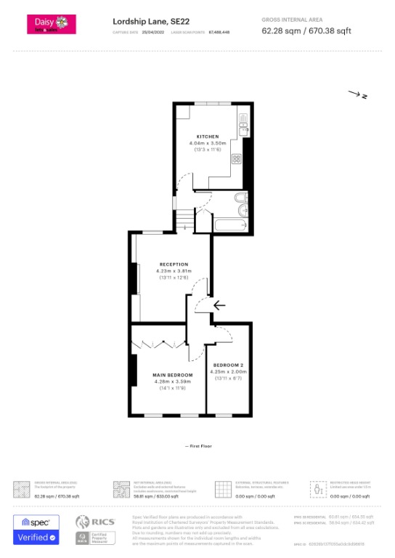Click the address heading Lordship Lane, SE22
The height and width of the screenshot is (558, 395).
click(144, 21)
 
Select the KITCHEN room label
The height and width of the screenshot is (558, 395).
click(207, 137)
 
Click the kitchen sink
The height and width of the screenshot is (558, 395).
click(243, 127)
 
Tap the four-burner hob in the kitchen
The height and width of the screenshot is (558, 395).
click(237, 159)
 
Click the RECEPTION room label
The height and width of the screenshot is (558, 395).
click(173, 264)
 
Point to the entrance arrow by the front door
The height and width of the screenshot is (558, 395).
click(220, 306)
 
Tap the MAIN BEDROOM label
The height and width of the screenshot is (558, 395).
click(172, 375)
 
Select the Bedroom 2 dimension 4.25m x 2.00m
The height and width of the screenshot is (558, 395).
click(227, 371)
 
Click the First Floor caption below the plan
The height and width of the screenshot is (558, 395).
click(197, 445)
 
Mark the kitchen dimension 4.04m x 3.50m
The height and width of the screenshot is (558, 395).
click(207, 143)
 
